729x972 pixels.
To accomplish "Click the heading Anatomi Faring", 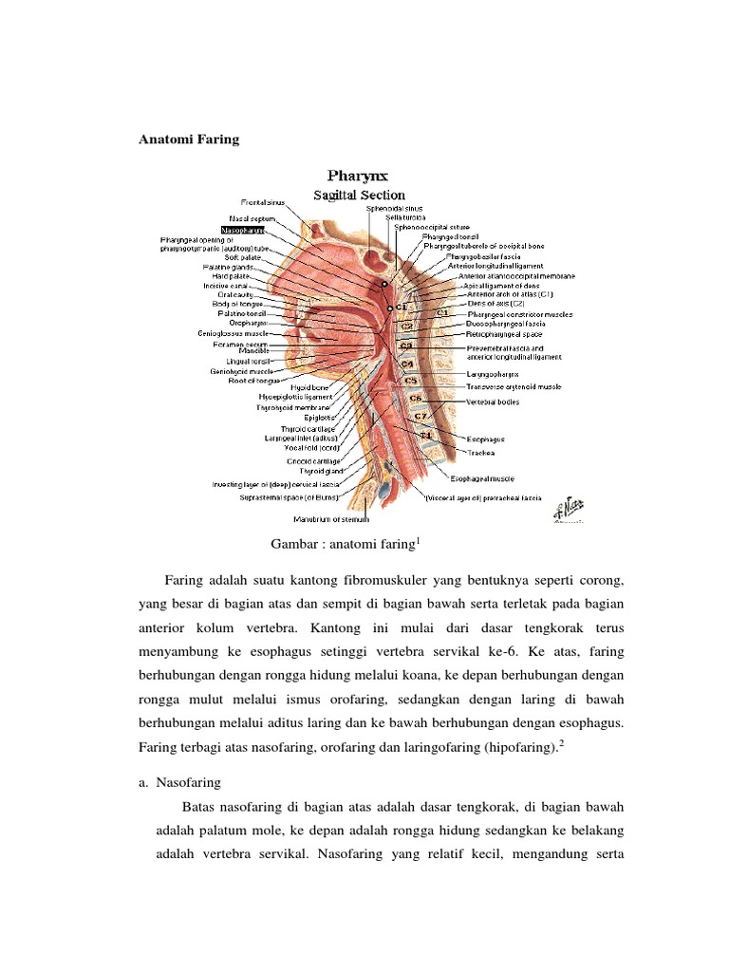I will point(190,140).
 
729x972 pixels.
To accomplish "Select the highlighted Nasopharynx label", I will point(242,230).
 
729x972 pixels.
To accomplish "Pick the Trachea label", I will point(481,454).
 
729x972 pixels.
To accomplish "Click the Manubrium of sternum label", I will point(330,518).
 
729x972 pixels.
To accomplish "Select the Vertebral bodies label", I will point(492,402).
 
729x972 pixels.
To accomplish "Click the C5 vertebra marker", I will point(410,380).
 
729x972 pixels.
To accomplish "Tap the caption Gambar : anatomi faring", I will point(344,545).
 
